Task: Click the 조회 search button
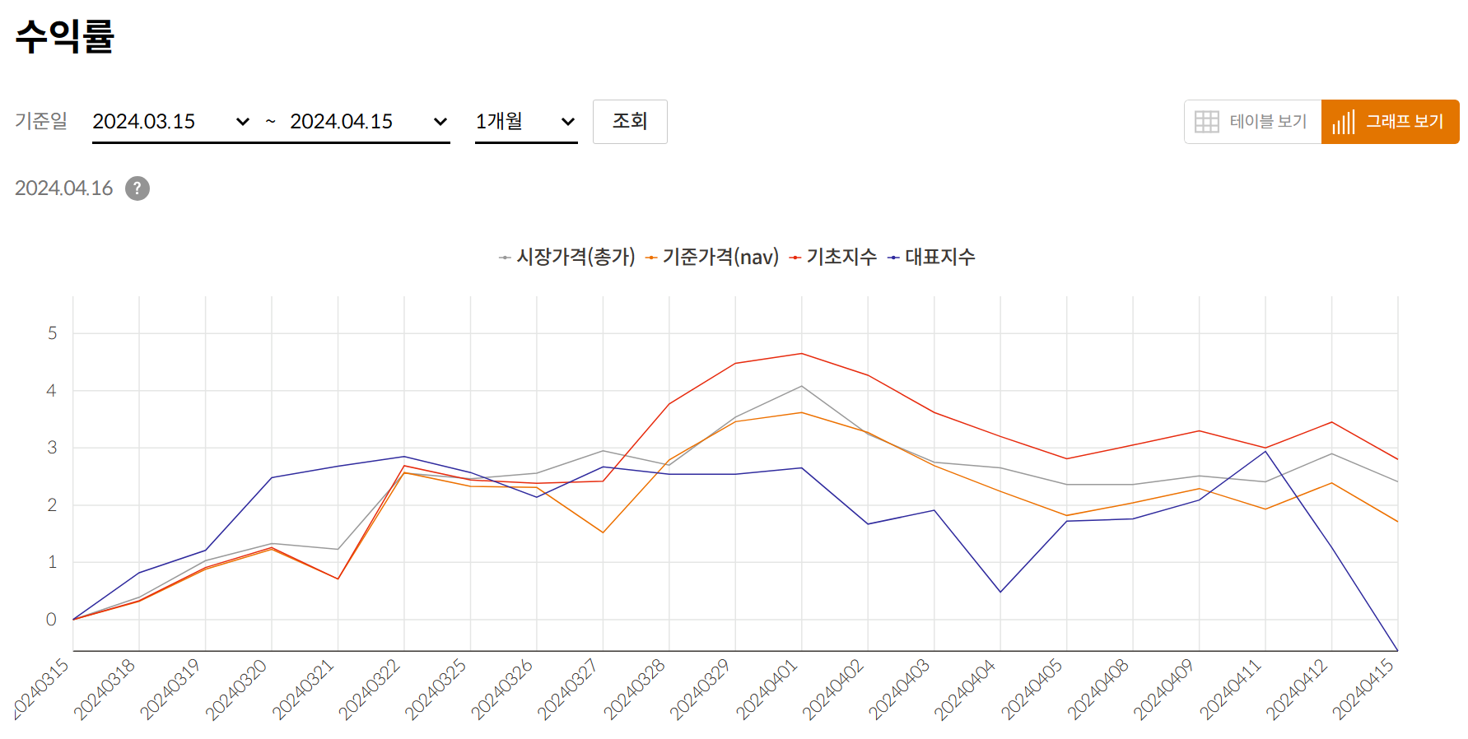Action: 630,122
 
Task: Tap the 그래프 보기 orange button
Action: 1390,122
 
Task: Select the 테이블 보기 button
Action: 1252,122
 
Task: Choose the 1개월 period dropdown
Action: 525,122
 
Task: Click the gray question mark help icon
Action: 137,188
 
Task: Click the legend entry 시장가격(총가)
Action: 575,257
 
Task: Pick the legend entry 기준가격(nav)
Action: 720,257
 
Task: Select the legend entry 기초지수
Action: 841,257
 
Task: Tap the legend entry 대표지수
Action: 939,257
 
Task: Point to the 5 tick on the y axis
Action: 53,333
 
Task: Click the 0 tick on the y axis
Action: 51,620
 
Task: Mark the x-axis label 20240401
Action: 767,690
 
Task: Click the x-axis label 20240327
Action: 567,690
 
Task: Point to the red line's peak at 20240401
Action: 802,354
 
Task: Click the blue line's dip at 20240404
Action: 1000,592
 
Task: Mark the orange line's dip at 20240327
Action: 603,532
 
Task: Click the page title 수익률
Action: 65,36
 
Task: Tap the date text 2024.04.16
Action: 64,188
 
